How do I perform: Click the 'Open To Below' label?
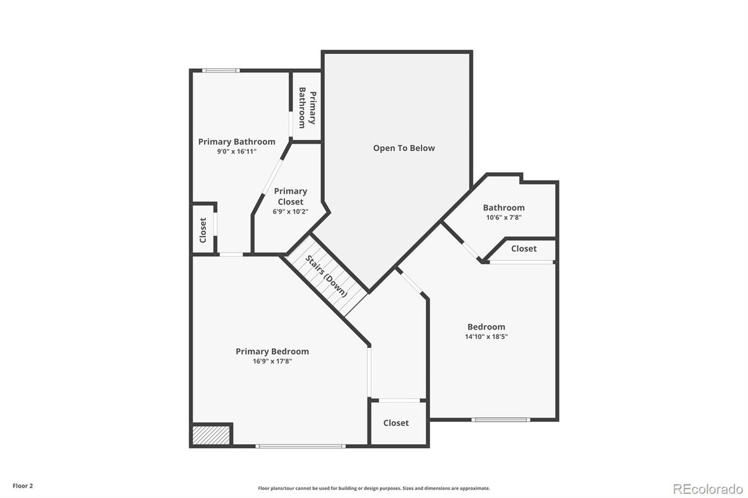pos(403,148)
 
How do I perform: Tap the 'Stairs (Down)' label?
pos(326,276)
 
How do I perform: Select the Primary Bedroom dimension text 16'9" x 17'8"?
pos(272,361)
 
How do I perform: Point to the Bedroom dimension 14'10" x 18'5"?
pos(486,336)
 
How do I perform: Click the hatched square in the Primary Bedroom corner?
pos(212,434)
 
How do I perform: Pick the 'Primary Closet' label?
pos(291,196)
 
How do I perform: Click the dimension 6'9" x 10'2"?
pos(290,212)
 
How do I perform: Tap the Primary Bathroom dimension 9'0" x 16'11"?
pos(237,152)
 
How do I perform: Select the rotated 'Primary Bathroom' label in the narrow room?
pos(307,108)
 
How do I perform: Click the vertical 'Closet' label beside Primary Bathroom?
pos(203,230)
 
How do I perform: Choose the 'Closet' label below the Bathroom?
pos(524,248)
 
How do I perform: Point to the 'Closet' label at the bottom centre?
pos(396,423)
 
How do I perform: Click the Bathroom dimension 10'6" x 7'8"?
pos(504,217)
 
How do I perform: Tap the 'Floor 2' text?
pos(23,486)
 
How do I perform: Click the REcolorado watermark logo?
pos(708,489)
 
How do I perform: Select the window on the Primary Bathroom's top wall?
pos(221,71)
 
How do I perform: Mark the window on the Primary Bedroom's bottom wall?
pos(301,446)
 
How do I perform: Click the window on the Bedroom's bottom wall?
pos(501,419)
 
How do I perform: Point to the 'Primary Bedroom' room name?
pos(272,351)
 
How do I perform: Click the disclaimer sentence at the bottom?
pos(374,488)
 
